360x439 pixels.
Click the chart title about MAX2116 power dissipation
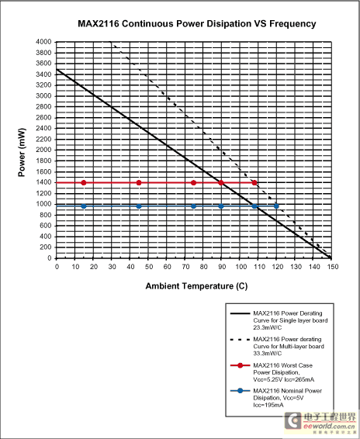pyautogui.click(x=196, y=24)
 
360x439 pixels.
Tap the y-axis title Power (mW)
pyautogui.click(x=22, y=152)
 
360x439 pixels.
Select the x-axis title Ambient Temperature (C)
pyautogui.click(x=196, y=286)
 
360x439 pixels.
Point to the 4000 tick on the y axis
pyautogui.click(x=43, y=42)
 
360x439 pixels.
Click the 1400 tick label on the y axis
pyautogui.click(x=43, y=182)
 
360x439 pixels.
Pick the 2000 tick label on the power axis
pyautogui.click(x=43, y=150)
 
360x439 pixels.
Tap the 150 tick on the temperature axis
pyautogui.click(x=333, y=267)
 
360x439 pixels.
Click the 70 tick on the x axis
pyautogui.click(x=185, y=267)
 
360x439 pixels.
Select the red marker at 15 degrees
pyautogui.click(x=84, y=183)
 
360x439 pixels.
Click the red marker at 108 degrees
pyautogui.click(x=254, y=183)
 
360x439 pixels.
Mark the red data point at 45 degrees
pyautogui.click(x=139, y=183)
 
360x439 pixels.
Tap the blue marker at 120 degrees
pyautogui.click(x=276, y=206)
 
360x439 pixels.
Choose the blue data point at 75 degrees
pyautogui.click(x=193, y=206)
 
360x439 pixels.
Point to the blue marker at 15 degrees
pyautogui.click(x=84, y=206)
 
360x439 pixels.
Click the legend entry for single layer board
pyautogui.click(x=290, y=320)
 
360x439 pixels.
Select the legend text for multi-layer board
pyautogui.click(x=289, y=347)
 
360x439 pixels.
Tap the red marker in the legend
pyautogui.click(x=240, y=365)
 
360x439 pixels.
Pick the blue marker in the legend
pyautogui.click(x=240, y=391)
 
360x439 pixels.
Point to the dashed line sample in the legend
pyautogui.click(x=240, y=340)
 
